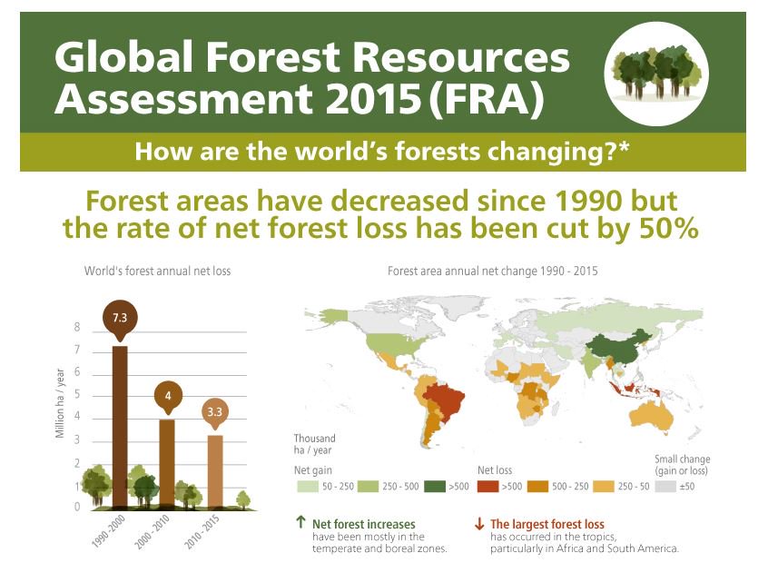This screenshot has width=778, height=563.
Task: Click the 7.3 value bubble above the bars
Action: pos(120,318)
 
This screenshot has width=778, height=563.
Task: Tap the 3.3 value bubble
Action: pos(214,411)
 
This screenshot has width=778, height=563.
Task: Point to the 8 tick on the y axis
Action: pos(77,328)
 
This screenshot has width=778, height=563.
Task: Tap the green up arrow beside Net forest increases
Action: pos(300,524)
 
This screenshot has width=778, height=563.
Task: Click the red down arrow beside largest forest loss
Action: pos(478,524)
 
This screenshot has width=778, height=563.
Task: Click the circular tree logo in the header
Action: pos(656,72)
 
